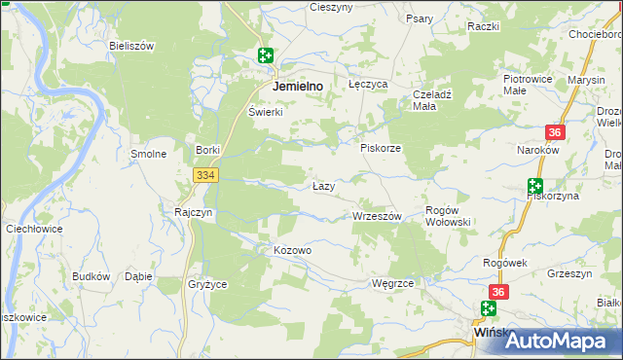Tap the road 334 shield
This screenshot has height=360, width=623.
click(x=204, y=175)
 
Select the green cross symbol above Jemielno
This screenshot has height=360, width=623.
click(x=266, y=56)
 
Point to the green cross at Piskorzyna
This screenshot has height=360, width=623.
click(x=534, y=186)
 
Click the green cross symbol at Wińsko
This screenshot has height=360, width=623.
click(x=489, y=309)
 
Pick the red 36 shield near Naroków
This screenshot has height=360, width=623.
click(x=554, y=133)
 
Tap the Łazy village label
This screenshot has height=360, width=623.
click(x=324, y=185)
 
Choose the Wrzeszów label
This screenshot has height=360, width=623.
click(x=376, y=216)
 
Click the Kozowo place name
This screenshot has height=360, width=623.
click(x=292, y=250)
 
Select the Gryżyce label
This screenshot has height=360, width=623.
click(x=206, y=284)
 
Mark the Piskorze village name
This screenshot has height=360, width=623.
click(x=381, y=148)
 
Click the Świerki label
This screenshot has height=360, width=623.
click(x=265, y=112)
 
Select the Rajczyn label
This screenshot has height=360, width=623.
click(x=193, y=211)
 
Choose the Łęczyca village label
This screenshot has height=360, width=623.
click(x=368, y=85)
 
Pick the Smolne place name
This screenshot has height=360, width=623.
click(x=149, y=154)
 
